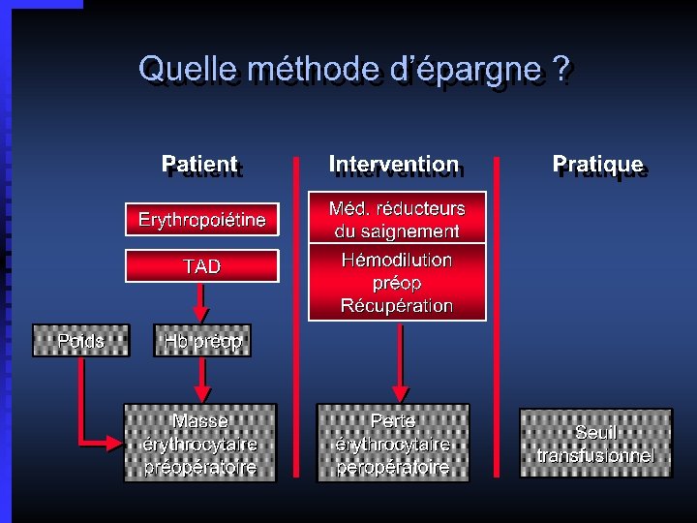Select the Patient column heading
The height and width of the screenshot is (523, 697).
pos(200,166)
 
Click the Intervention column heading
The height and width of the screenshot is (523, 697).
pos(394,166)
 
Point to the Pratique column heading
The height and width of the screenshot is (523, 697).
pos(597,166)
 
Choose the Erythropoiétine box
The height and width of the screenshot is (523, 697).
pos(201,220)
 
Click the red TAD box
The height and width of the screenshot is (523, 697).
pos(201,266)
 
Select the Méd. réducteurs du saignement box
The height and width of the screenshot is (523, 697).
pos(396,220)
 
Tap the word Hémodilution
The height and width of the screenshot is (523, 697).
pos(396,260)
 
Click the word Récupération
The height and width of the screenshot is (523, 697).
pos(396,306)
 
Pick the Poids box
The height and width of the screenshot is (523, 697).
pos(80,341)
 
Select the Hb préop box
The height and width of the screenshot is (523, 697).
pos(201,341)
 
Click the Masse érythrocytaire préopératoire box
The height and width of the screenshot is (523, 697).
pos(199,444)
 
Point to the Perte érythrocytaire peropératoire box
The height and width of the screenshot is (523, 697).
pos(393,444)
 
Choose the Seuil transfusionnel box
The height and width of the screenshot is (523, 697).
pos(595,444)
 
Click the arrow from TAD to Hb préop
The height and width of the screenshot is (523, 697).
pos(201,302)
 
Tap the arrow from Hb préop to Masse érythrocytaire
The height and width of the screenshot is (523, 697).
pos(201,380)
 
